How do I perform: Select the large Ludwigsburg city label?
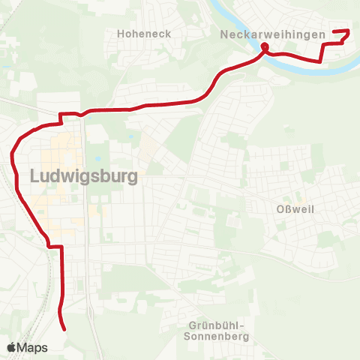(x=85, y=176)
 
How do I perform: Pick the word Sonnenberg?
(x=216, y=337)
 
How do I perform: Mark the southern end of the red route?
(x=64, y=328)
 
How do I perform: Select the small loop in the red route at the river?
(x=264, y=49)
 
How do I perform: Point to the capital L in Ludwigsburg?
(x=35, y=176)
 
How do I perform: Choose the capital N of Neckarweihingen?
(x=224, y=34)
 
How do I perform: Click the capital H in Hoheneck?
(x=121, y=34)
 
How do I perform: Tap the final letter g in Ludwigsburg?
(x=132, y=178)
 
